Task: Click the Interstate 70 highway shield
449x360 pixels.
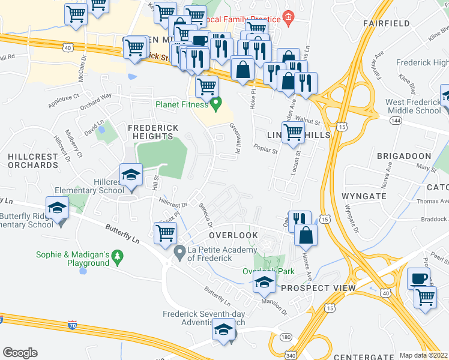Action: coord(73,324)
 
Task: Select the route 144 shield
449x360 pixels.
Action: coord(379,121)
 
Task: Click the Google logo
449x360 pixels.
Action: coord(20,352)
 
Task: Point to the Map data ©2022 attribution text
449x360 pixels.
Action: coord(423,355)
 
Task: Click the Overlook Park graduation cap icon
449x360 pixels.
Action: coord(263,282)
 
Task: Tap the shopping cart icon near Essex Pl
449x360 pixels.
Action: coord(165,233)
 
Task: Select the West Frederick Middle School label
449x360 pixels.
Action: coord(414,106)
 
